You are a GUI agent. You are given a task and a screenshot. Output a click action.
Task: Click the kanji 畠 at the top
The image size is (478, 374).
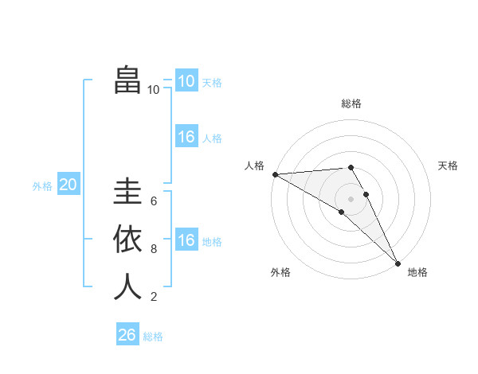[127, 80]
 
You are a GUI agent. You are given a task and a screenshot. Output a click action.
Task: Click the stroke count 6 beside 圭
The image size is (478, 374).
[154, 201]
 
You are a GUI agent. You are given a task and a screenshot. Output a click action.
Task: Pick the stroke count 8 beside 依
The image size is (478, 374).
[154, 249]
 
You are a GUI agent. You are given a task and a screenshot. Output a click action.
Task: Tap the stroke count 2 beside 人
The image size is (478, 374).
[154, 297]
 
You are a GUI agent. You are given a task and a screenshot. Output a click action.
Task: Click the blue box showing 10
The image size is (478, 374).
[186, 81]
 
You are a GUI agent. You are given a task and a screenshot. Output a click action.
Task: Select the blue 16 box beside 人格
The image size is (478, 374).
[186, 137]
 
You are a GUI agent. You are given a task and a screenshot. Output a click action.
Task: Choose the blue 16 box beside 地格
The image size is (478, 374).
[186, 240]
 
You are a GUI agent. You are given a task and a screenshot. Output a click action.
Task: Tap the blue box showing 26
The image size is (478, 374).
[127, 335]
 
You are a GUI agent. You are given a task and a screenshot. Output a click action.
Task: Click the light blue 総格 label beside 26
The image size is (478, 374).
[153, 337]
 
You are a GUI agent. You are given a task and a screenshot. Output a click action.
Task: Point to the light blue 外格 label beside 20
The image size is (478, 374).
[42, 186]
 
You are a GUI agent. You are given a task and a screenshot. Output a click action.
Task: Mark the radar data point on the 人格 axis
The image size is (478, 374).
[275, 174]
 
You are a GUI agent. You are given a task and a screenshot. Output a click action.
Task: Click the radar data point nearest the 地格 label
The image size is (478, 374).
[397, 263]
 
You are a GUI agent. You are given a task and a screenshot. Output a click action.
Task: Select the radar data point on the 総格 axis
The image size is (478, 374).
[351, 167]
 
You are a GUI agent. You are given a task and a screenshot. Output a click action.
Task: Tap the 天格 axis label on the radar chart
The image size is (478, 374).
[448, 166]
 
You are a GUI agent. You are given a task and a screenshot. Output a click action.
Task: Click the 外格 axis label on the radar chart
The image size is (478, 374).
[280, 273]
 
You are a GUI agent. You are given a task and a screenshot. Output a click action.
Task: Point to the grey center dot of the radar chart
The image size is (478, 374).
[351, 198]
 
